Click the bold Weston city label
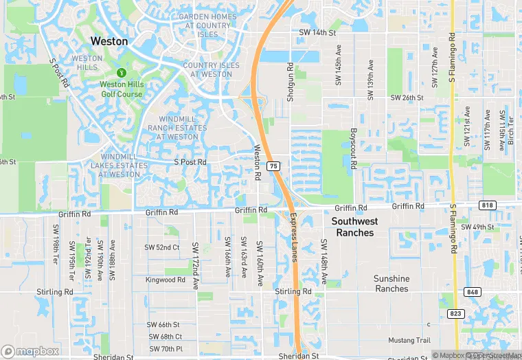click(x=109, y=41)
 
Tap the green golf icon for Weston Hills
click(x=122, y=72)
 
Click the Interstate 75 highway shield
click(x=273, y=166)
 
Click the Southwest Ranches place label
click(x=354, y=227)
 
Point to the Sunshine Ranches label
click(x=391, y=284)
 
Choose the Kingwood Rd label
click(x=165, y=280)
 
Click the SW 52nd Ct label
click(x=161, y=247)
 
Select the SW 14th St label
click(x=317, y=32)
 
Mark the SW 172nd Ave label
click(x=195, y=264)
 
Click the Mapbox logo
click(x=30, y=351)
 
